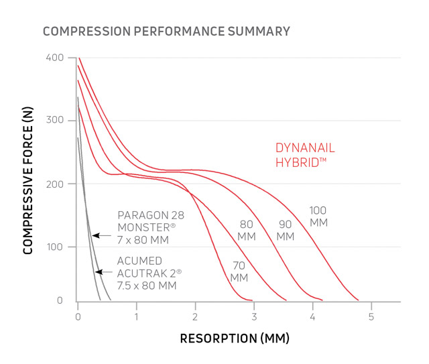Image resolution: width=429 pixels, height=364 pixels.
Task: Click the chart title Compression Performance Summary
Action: [166, 31]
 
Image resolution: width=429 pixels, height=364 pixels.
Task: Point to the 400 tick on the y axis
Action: [55, 58]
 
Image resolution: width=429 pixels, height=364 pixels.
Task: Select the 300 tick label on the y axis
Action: [55, 121]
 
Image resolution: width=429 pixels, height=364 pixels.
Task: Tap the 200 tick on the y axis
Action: [55, 184]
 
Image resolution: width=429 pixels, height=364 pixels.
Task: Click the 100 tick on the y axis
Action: [55, 247]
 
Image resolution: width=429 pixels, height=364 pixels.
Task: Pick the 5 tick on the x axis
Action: [371, 316]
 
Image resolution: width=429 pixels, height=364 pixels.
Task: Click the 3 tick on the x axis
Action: [253, 316]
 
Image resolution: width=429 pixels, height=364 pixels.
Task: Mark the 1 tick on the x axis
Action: [137, 316]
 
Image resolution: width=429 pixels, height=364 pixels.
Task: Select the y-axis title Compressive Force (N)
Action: [29, 180]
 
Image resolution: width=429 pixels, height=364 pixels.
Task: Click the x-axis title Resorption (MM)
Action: [234, 339]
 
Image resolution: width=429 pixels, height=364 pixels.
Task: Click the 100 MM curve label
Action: [318, 216]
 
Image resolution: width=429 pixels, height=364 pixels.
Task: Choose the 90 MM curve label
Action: [285, 231]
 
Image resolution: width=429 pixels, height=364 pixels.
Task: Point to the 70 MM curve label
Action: [239, 271]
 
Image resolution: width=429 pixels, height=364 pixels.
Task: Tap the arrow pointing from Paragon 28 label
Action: [101, 235]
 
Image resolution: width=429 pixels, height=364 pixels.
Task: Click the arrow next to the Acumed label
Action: [103, 271]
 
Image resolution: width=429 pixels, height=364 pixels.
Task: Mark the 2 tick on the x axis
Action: [195, 316]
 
